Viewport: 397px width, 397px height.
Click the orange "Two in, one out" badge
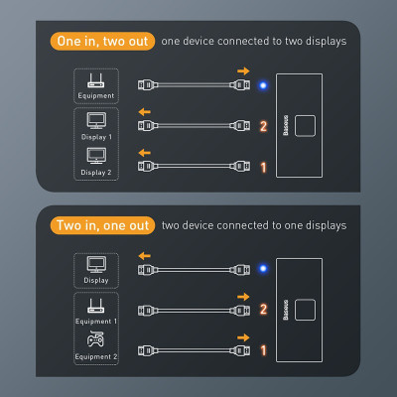[x=102, y=225]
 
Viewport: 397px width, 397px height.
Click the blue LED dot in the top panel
[x=262, y=84]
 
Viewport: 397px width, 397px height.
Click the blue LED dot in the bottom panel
[x=262, y=268]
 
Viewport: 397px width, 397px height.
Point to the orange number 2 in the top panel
[x=263, y=126]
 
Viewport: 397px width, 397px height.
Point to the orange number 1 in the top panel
[x=263, y=168]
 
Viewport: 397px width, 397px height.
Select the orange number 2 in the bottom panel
[x=263, y=310]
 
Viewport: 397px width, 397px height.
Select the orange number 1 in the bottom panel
[x=263, y=351]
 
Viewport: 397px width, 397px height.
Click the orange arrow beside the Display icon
[x=145, y=254]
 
